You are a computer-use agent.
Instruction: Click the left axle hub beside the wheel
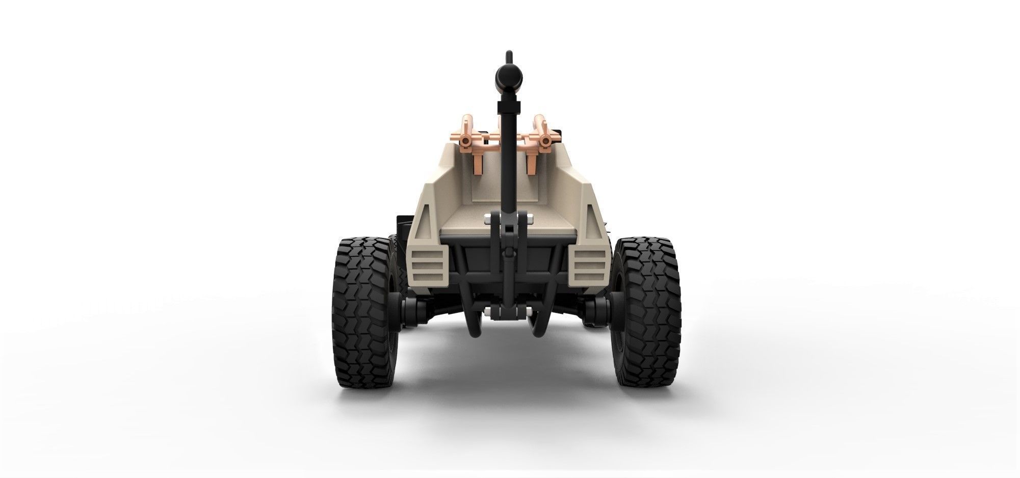coord(412,308)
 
